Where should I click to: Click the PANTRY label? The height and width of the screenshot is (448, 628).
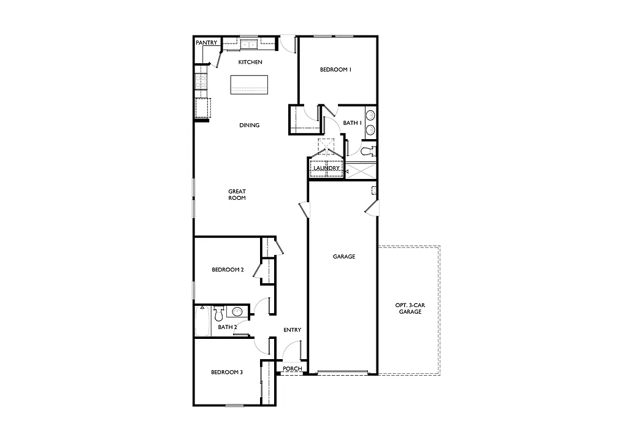pyautogui.click(x=206, y=43)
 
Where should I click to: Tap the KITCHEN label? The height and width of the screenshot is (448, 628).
pyautogui.click(x=250, y=63)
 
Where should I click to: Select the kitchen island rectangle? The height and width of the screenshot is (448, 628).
pyautogui.click(x=249, y=85)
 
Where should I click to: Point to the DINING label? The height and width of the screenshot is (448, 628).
pyautogui.click(x=250, y=126)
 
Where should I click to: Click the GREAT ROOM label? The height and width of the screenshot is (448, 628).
pyautogui.click(x=237, y=195)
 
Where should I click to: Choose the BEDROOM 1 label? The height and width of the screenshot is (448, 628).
pyautogui.click(x=335, y=70)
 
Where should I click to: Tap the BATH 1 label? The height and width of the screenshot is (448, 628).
pyautogui.click(x=352, y=123)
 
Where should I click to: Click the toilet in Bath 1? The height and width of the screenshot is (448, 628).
pyautogui.click(x=367, y=150)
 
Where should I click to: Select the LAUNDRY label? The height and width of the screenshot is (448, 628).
pyautogui.click(x=326, y=169)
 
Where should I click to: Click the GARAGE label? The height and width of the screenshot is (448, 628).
pyautogui.click(x=344, y=257)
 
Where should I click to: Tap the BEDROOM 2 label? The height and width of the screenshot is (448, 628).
pyautogui.click(x=228, y=270)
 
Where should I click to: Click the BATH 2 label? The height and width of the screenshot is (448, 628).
pyautogui.click(x=227, y=327)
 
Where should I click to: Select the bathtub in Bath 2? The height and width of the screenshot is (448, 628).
pyautogui.click(x=202, y=321)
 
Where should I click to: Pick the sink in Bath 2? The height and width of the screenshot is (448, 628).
pyautogui.click(x=237, y=312)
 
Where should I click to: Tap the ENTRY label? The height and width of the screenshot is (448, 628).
pyautogui.click(x=293, y=330)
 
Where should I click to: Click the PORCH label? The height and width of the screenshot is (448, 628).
pyautogui.click(x=293, y=368)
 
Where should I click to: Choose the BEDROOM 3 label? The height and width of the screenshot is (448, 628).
pyautogui.click(x=227, y=372)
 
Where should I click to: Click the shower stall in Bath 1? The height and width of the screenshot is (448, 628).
pyautogui.click(x=361, y=170)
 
